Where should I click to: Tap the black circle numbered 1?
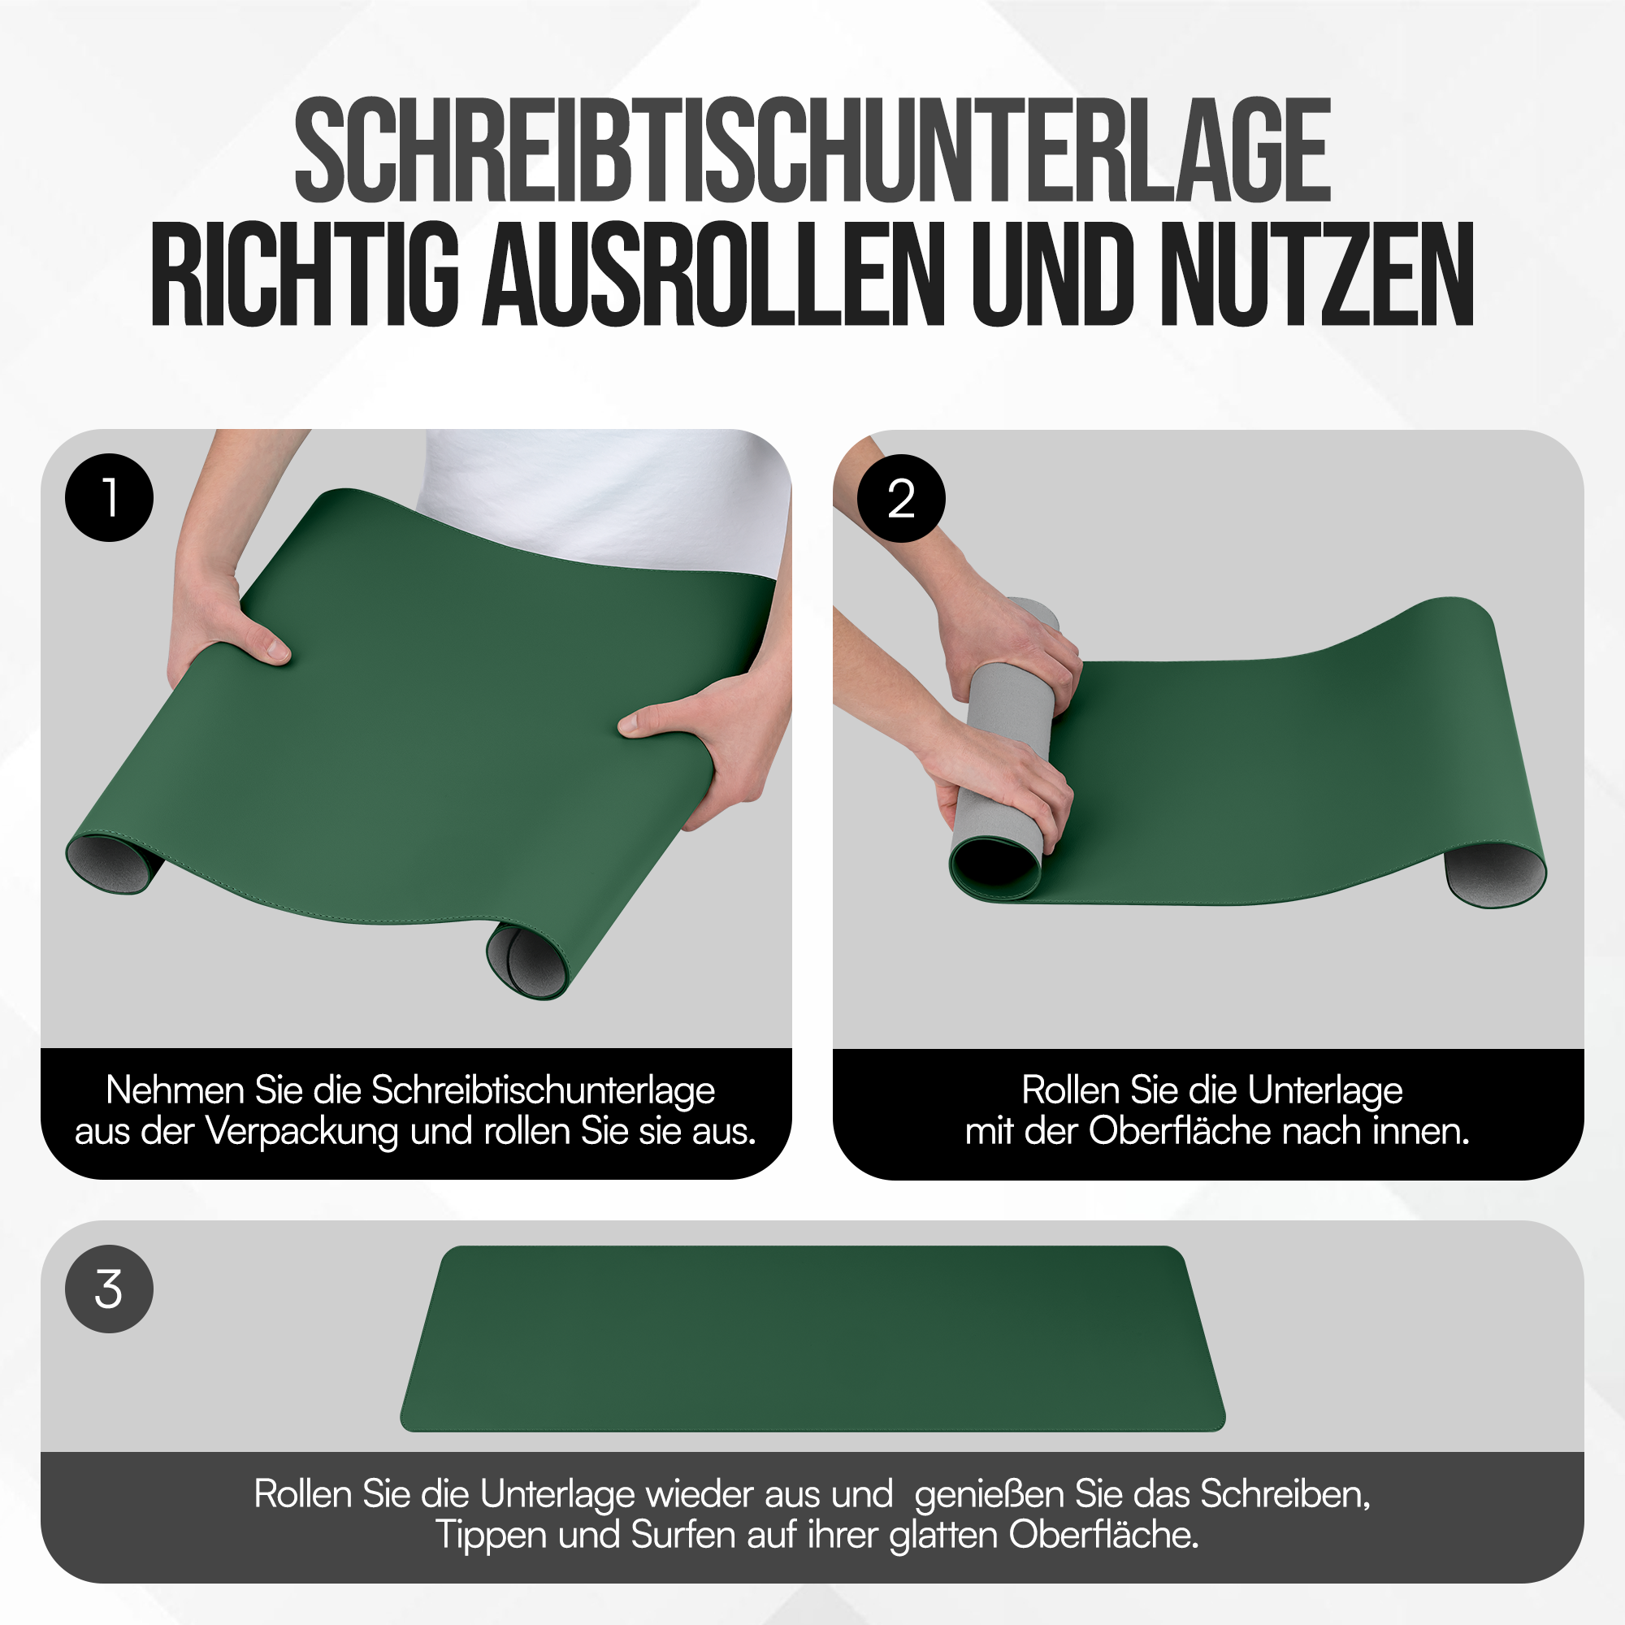click(110, 498)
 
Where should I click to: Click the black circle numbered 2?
click(901, 499)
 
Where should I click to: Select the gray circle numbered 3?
click(110, 1289)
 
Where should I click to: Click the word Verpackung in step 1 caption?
click(303, 1132)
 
